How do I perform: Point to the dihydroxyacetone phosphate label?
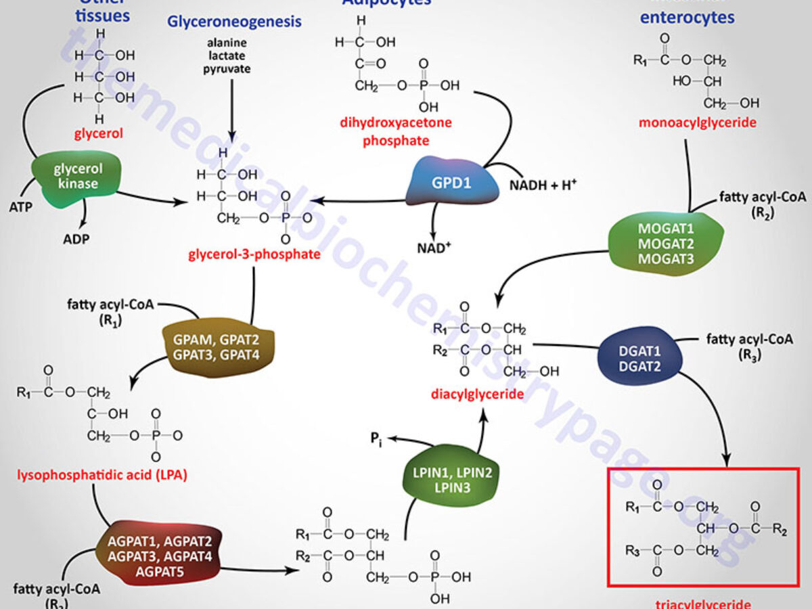tap(396, 131)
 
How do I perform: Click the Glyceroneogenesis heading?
tap(234, 22)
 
